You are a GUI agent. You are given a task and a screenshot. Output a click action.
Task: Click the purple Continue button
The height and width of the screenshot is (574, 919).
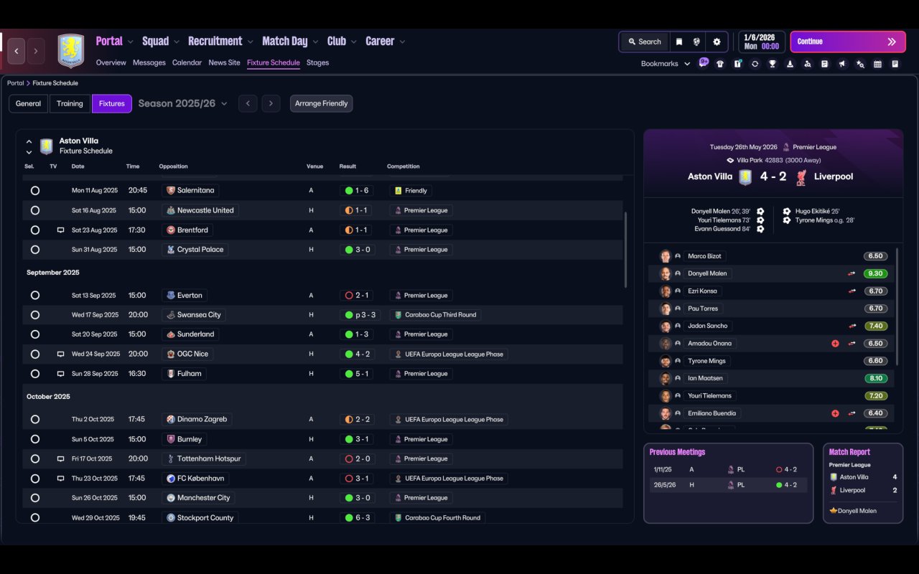tap(848, 42)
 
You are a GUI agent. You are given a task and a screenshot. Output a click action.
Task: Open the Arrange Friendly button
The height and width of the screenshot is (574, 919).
tap(321, 103)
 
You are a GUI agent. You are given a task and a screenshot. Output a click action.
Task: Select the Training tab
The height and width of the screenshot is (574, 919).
tap(70, 103)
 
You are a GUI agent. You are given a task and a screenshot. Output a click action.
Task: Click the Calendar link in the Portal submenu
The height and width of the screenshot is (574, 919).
tap(187, 62)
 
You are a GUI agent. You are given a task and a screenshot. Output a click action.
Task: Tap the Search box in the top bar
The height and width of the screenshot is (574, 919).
tap(645, 42)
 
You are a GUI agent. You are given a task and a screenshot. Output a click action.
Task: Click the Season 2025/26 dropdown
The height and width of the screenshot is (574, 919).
tap(182, 103)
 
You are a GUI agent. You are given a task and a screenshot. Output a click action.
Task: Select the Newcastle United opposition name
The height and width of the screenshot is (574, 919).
tap(205, 210)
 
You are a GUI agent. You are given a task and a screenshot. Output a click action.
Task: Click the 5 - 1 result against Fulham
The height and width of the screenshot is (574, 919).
tap(362, 374)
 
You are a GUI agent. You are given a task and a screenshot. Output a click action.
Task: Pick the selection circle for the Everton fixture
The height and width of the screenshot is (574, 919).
tap(35, 295)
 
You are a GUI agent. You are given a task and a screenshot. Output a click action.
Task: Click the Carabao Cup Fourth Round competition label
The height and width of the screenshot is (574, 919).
tap(442, 518)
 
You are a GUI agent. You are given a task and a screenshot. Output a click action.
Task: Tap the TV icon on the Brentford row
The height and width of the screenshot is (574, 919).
tap(60, 230)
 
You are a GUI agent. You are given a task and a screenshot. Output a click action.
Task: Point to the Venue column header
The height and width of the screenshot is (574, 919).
tap(314, 166)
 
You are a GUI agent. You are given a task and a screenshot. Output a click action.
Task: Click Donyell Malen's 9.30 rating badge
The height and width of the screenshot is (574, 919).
tap(875, 273)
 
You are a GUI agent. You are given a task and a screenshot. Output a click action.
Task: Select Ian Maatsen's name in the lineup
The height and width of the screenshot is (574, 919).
tap(705, 378)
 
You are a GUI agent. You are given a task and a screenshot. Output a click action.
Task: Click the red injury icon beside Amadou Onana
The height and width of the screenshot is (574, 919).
tap(835, 344)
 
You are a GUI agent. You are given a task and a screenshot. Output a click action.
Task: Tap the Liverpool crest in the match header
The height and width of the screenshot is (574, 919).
tap(801, 177)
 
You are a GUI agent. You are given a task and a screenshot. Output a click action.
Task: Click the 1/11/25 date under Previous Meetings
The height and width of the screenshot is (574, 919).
tap(662, 469)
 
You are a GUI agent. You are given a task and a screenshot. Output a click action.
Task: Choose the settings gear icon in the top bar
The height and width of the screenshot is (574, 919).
tap(717, 42)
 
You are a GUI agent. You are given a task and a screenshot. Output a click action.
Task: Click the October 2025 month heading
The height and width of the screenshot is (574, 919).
tap(48, 397)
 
